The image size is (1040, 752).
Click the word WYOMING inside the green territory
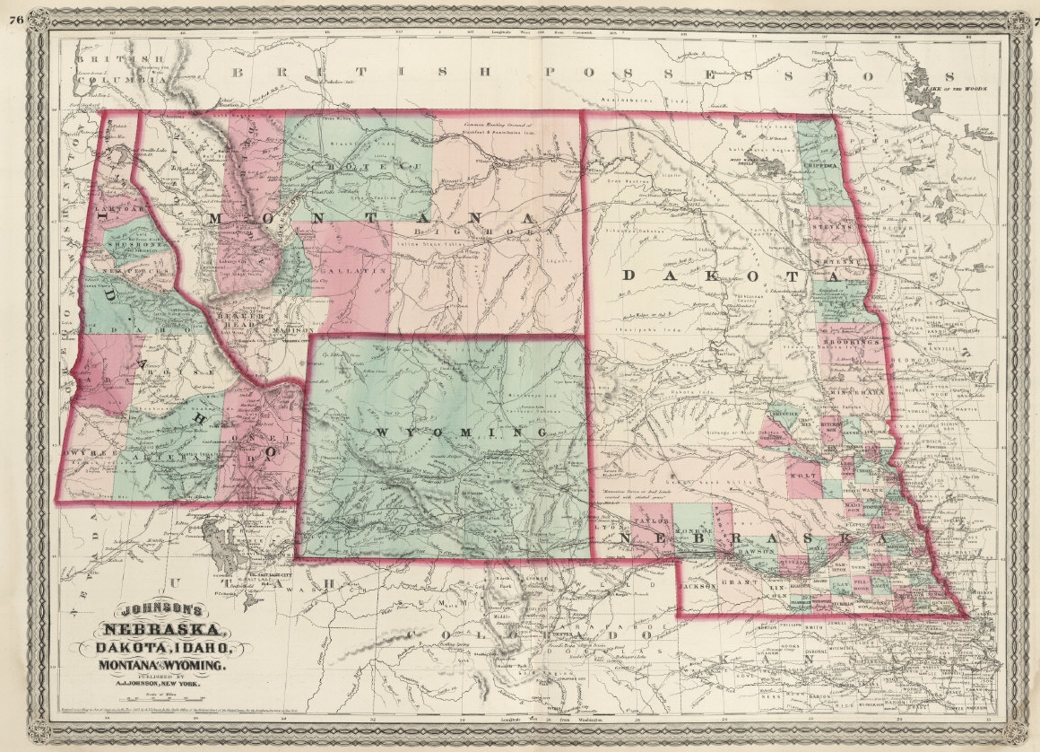pos(461,433)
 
